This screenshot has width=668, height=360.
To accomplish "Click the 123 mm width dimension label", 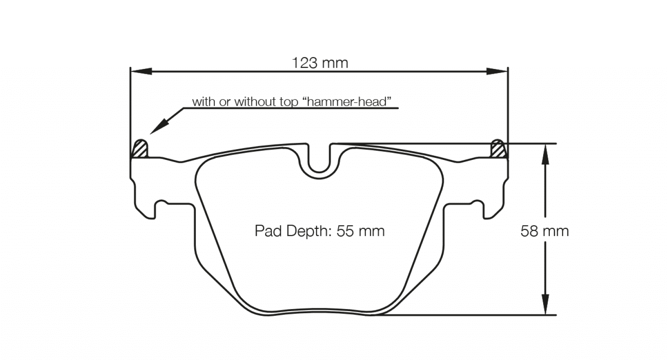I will (x=319, y=63).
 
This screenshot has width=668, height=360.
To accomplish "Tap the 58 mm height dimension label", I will (x=544, y=231).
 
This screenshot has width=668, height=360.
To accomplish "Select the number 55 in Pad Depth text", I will (x=345, y=231).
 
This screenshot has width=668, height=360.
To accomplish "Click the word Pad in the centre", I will (x=268, y=231).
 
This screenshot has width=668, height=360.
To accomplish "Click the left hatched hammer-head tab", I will (x=140, y=150).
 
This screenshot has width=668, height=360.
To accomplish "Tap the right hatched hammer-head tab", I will (x=498, y=150).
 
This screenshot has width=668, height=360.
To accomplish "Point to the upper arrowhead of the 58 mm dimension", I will (x=545, y=155).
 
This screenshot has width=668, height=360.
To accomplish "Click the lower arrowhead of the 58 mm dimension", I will (x=545, y=304).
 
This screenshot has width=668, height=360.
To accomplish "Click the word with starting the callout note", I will (x=204, y=102).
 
